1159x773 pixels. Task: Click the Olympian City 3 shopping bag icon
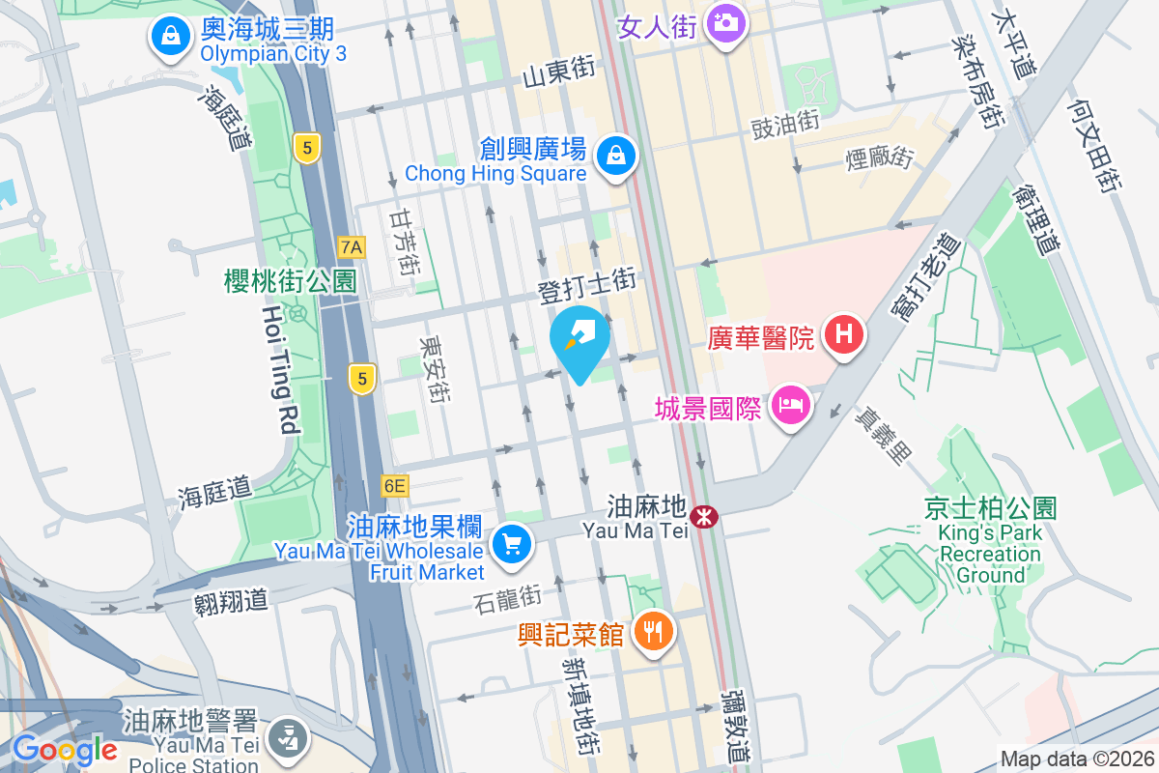170,37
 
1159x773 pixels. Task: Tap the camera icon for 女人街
724,21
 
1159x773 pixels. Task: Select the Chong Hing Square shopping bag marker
614,155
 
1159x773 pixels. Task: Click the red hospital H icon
843,335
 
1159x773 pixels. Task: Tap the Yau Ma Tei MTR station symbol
705,516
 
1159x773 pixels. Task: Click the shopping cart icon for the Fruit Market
511,544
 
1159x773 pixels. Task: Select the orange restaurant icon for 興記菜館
654,632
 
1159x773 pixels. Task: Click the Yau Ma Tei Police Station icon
288,736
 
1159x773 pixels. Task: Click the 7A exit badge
352,247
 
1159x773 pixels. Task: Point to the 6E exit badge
394,485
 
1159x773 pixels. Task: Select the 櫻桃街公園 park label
290,281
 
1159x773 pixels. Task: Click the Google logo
66,750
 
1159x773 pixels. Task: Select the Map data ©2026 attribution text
1077,759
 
